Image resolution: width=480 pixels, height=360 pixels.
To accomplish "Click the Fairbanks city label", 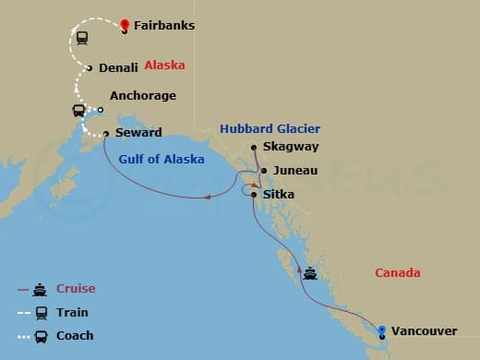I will tap(163, 26).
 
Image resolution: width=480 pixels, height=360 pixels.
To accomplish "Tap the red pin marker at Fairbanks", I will tap(124, 25).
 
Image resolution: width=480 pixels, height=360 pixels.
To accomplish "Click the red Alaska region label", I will tap(165, 66).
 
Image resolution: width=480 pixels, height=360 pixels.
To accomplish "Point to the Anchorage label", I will tap(142, 96).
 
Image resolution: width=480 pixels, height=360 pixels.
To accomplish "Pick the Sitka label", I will tap(279, 195).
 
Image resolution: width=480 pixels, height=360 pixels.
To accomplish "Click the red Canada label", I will tap(398, 273).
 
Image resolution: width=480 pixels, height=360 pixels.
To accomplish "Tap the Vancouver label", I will tap(424, 330).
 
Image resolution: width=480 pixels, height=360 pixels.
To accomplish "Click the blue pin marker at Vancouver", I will tap(382, 327).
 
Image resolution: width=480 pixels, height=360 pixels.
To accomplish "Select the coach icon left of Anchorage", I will tap(79, 111).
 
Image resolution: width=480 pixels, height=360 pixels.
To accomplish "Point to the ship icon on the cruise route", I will tap(311, 273).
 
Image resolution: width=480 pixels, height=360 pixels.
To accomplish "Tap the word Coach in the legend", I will tap(76, 336).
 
